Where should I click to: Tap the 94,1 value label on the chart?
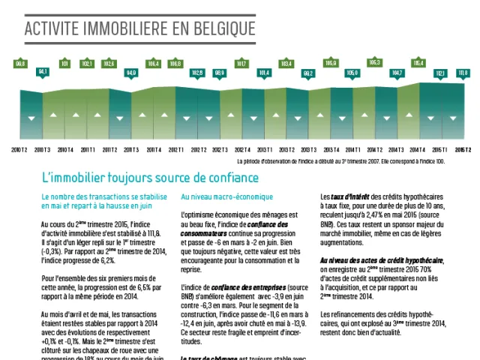43,71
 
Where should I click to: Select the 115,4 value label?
418,64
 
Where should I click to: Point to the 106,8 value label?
175,64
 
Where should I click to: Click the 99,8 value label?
21,64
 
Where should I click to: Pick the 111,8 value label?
463,73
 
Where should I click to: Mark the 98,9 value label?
220,73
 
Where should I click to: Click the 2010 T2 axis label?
19,150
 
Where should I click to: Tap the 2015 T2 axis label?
463,150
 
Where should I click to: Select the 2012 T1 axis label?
175,150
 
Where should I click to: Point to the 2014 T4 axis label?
418,150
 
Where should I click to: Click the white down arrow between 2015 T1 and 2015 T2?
452,118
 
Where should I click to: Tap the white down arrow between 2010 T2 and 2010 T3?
31,118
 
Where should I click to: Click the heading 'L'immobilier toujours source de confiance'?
151,178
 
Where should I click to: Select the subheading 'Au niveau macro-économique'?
217,196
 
